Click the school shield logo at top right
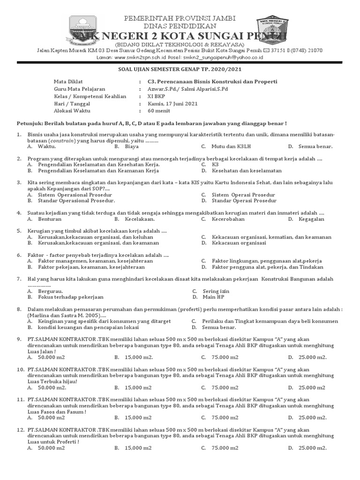(273, 32)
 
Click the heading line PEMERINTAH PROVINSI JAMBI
(179, 18)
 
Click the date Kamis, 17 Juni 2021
(166, 104)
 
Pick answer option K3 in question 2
(215, 165)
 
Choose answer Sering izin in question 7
(216, 291)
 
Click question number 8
(19, 309)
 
